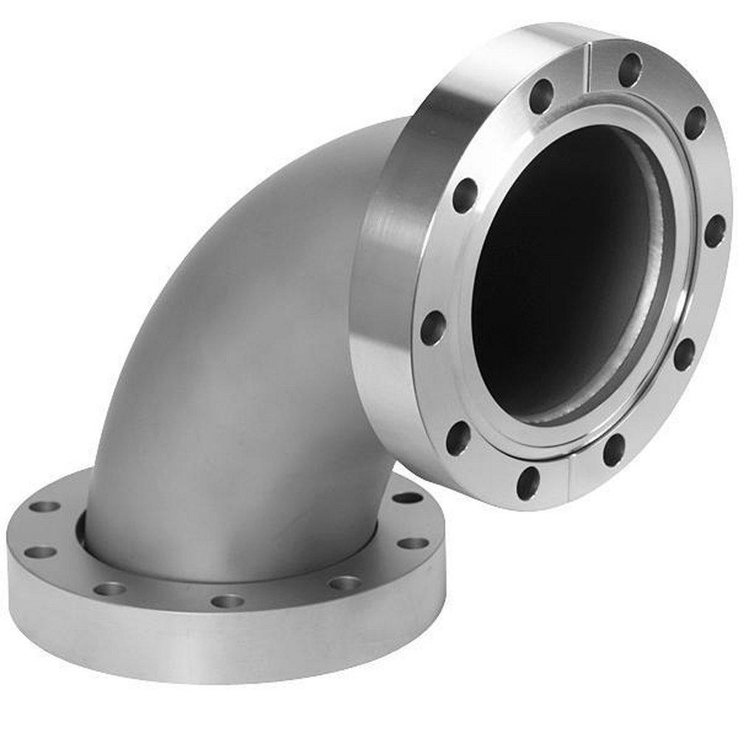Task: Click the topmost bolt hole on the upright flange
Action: (x=629, y=69)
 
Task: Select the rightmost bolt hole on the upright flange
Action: (x=714, y=231)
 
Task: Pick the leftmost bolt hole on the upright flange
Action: (x=433, y=328)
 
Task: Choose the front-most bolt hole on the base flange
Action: (x=227, y=601)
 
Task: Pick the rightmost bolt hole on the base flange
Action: (x=413, y=543)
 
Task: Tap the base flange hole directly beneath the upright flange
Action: (x=407, y=497)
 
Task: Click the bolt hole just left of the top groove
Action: (x=541, y=96)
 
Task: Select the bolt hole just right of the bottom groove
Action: (x=613, y=450)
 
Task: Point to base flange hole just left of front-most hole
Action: (x=110, y=588)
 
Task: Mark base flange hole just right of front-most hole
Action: (x=344, y=583)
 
